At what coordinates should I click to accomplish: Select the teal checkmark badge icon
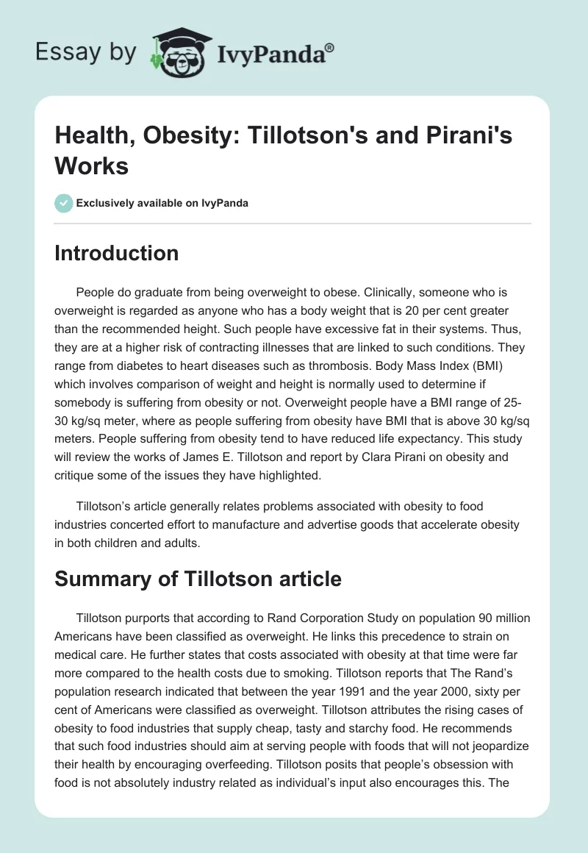64,203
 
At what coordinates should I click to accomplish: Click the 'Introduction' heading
117,254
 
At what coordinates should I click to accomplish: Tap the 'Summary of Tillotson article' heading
198,579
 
